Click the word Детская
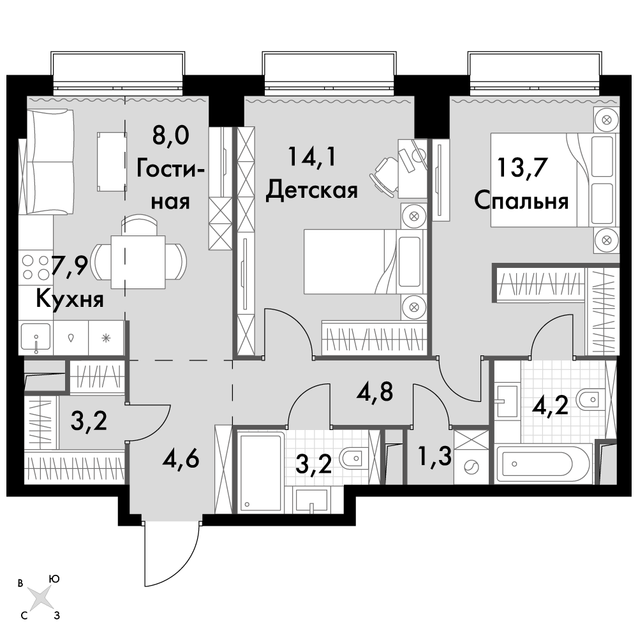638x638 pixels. [312, 190]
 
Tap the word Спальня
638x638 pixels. [521, 201]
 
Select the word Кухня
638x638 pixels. [70, 299]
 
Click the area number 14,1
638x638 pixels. [312, 156]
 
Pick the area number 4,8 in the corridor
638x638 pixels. [375, 392]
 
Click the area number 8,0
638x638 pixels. [171, 135]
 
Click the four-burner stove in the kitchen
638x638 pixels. [36, 267]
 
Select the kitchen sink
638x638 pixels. [36, 337]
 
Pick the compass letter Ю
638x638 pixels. [54, 579]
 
